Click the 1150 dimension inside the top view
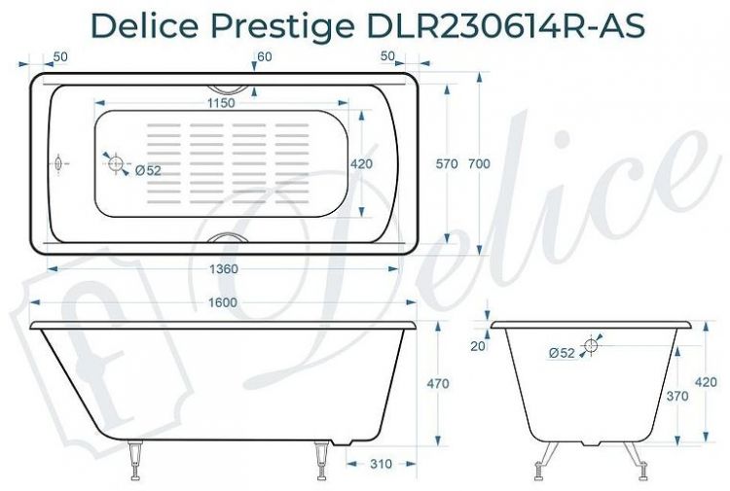pos(225,102)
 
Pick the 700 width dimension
pos(478,164)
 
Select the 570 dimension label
pos(446,164)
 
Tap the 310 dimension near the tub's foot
pos(381,464)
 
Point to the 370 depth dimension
pos(676,396)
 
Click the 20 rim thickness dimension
pos(476,346)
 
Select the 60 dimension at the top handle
pos(265,57)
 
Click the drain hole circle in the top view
pos(117,164)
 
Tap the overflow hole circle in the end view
pos(590,345)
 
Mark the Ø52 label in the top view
pos(148,170)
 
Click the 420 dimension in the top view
pos(361,164)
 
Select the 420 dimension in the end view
pos(706,382)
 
